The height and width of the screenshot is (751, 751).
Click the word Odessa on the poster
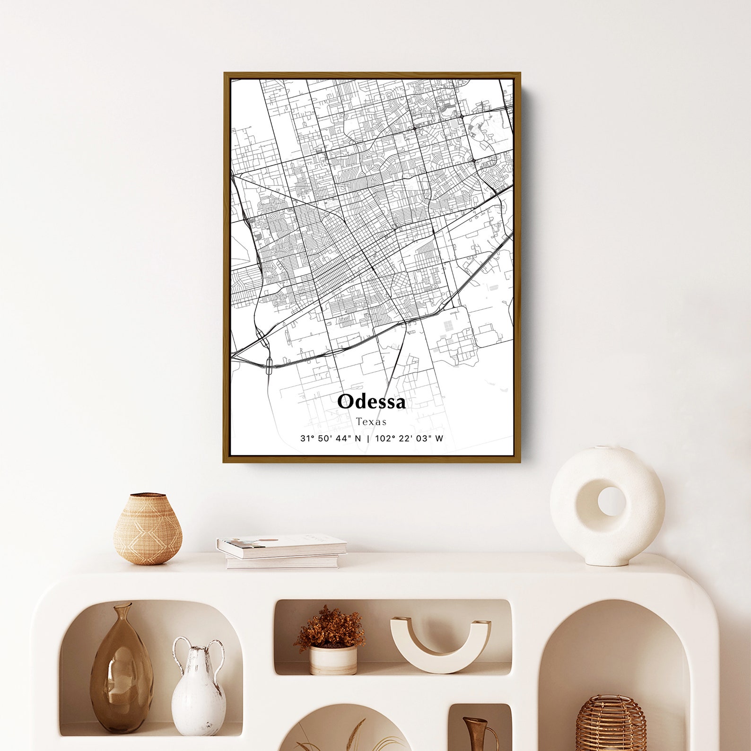pyautogui.click(x=371, y=402)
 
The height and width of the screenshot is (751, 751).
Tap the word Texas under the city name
pyautogui.click(x=371, y=421)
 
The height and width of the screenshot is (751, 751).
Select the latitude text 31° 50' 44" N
pyautogui.click(x=330, y=438)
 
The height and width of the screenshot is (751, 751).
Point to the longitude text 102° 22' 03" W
pyautogui.click(x=409, y=438)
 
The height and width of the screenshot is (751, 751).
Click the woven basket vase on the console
pyautogui.click(x=148, y=531)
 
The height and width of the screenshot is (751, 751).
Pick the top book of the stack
pyautogui.click(x=282, y=546)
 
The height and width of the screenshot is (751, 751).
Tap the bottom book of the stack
pyautogui.click(x=282, y=562)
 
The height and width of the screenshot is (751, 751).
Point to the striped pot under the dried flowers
pyautogui.click(x=333, y=659)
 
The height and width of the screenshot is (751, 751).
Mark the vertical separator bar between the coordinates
pyautogui.click(x=368, y=438)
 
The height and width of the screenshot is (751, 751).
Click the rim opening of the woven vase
pyautogui.click(x=148, y=495)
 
